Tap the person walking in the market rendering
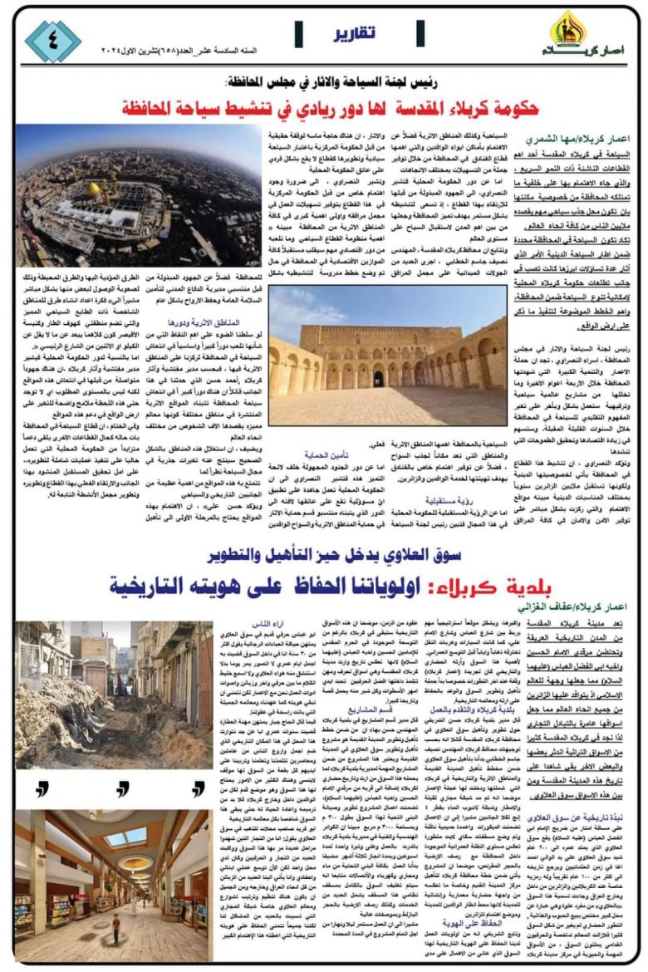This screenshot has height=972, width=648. pos(116,921)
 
